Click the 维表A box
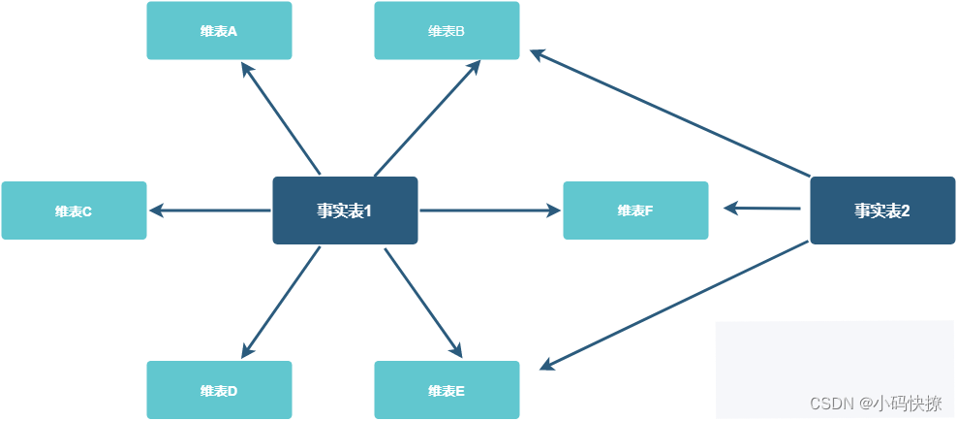pos(219,31)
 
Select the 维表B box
pos(447,31)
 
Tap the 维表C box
pos(74,210)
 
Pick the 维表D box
pos(219,391)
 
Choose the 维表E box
pos(447,391)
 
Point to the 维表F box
pos(635,210)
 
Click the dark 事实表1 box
pos(345,210)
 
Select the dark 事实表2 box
pos(882,210)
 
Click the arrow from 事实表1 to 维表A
pos(281,117)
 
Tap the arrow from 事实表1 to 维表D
pos(281,302)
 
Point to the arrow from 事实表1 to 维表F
pos(489,210)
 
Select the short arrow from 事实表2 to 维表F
pos(762,209)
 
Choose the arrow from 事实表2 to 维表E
pos(674,305)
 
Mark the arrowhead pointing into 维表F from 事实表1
pos(554,210)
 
